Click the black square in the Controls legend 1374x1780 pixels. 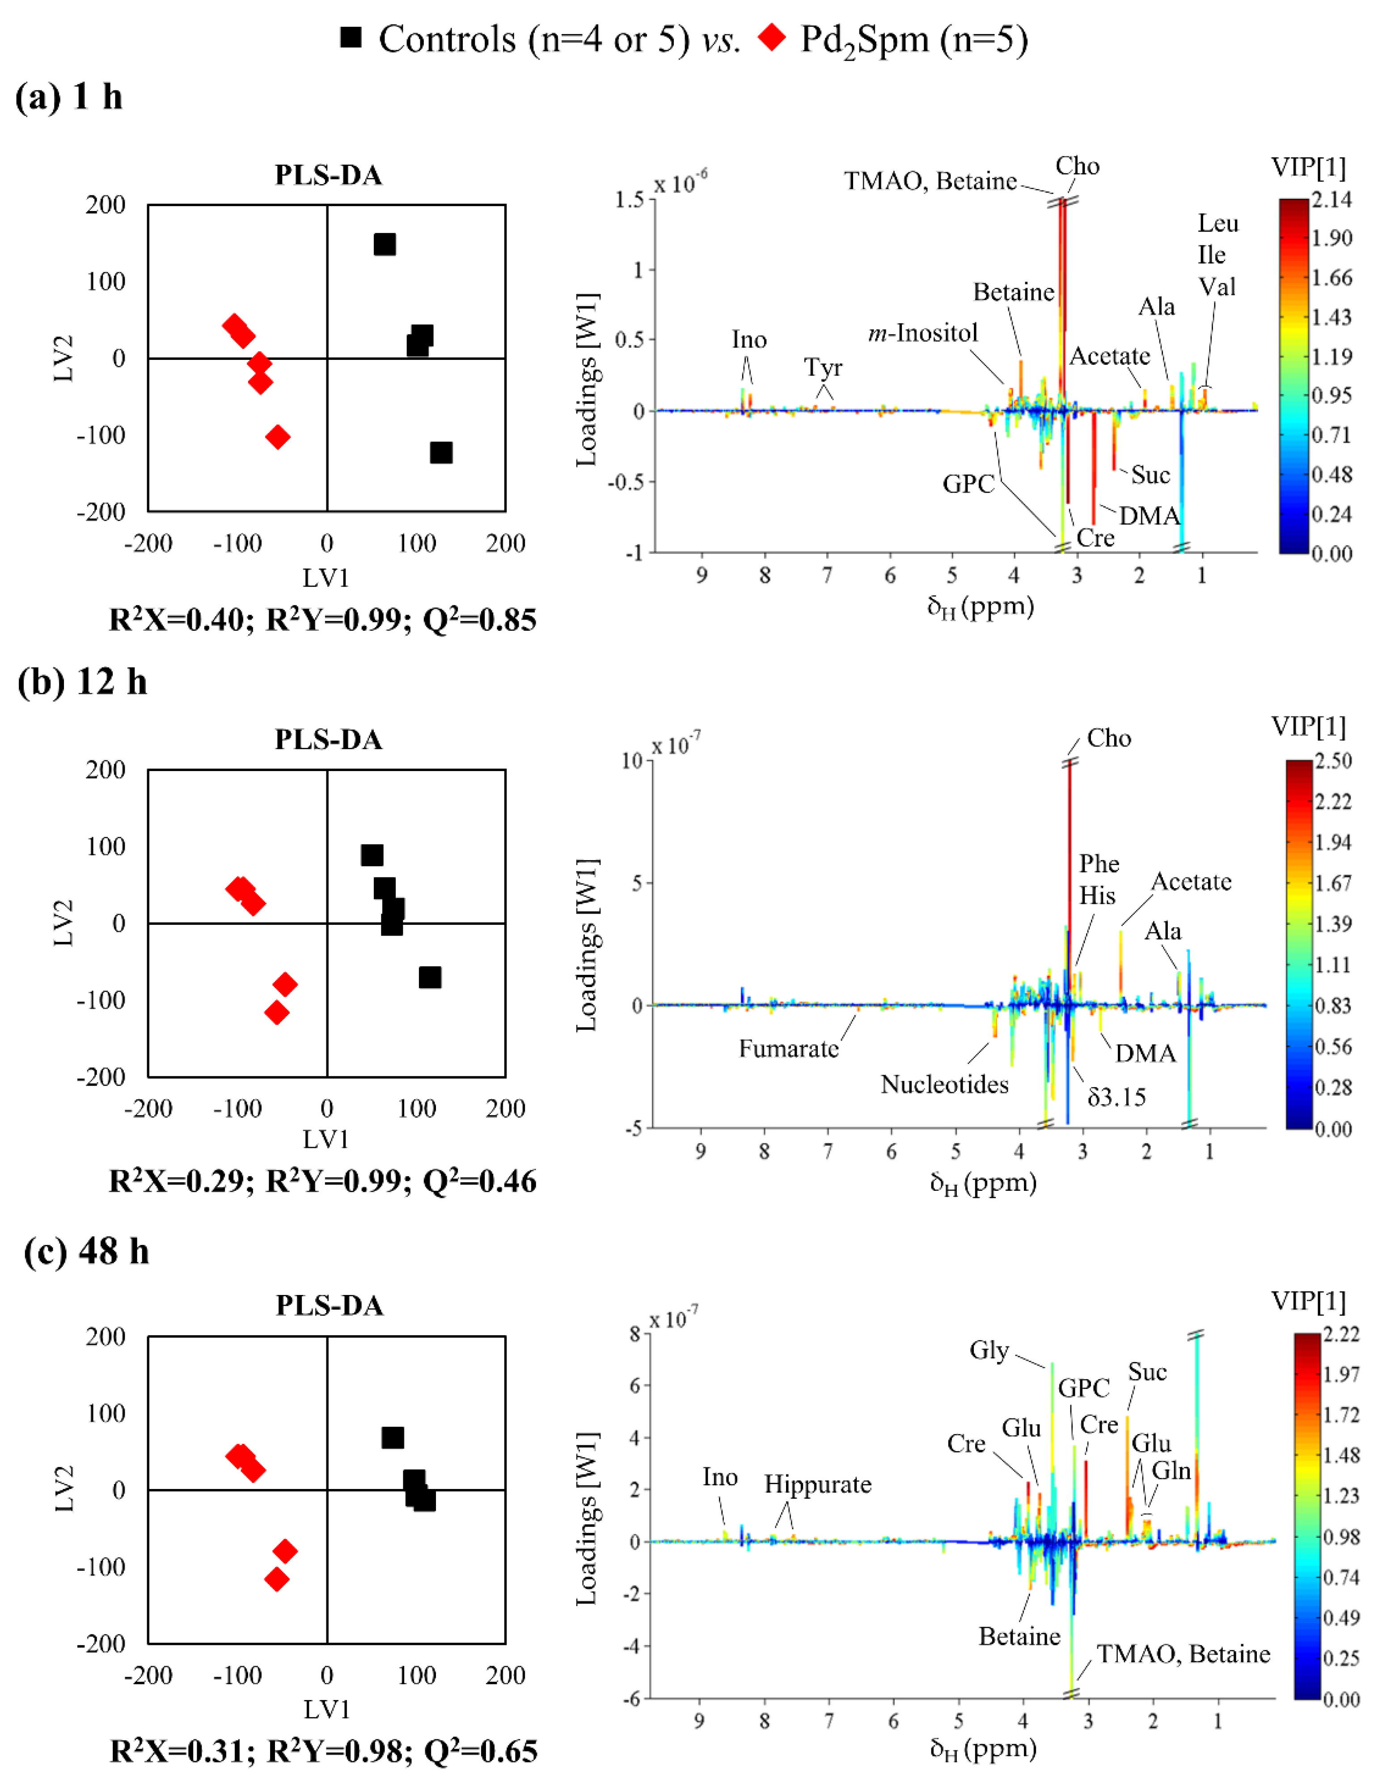click(351, 38)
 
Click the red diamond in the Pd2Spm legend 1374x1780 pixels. click(771, 38)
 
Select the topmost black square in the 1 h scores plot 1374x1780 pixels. click(384, 244)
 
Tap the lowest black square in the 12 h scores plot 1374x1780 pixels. click(430, 977)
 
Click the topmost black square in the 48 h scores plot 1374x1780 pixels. click(392, 1438)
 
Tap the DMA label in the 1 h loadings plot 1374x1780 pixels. click(1148, 516)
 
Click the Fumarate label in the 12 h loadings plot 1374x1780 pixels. click(788, 1048)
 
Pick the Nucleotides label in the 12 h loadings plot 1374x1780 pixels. click(944, 1084)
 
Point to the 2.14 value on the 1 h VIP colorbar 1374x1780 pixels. click(1331, 199)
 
